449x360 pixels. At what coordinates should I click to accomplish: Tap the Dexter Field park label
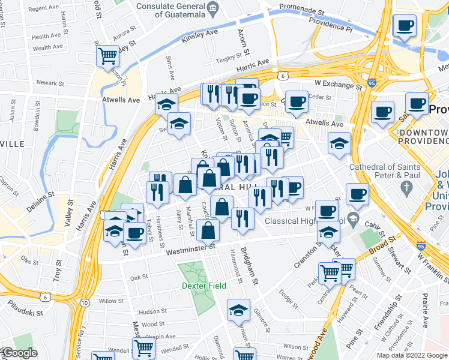(205, 286)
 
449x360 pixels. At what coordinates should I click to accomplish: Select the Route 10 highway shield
(85, 301)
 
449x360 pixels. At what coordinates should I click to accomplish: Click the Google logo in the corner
(19, 353)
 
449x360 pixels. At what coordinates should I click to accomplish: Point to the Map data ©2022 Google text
(412, 355)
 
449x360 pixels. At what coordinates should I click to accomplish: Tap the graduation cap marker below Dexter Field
(238, 311)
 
